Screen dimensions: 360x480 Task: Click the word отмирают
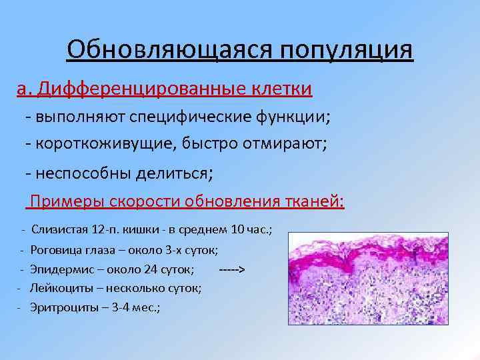click(287, 143)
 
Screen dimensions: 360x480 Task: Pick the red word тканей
click(314, 201)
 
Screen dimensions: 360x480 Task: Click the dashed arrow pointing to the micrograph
click(232, 269)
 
